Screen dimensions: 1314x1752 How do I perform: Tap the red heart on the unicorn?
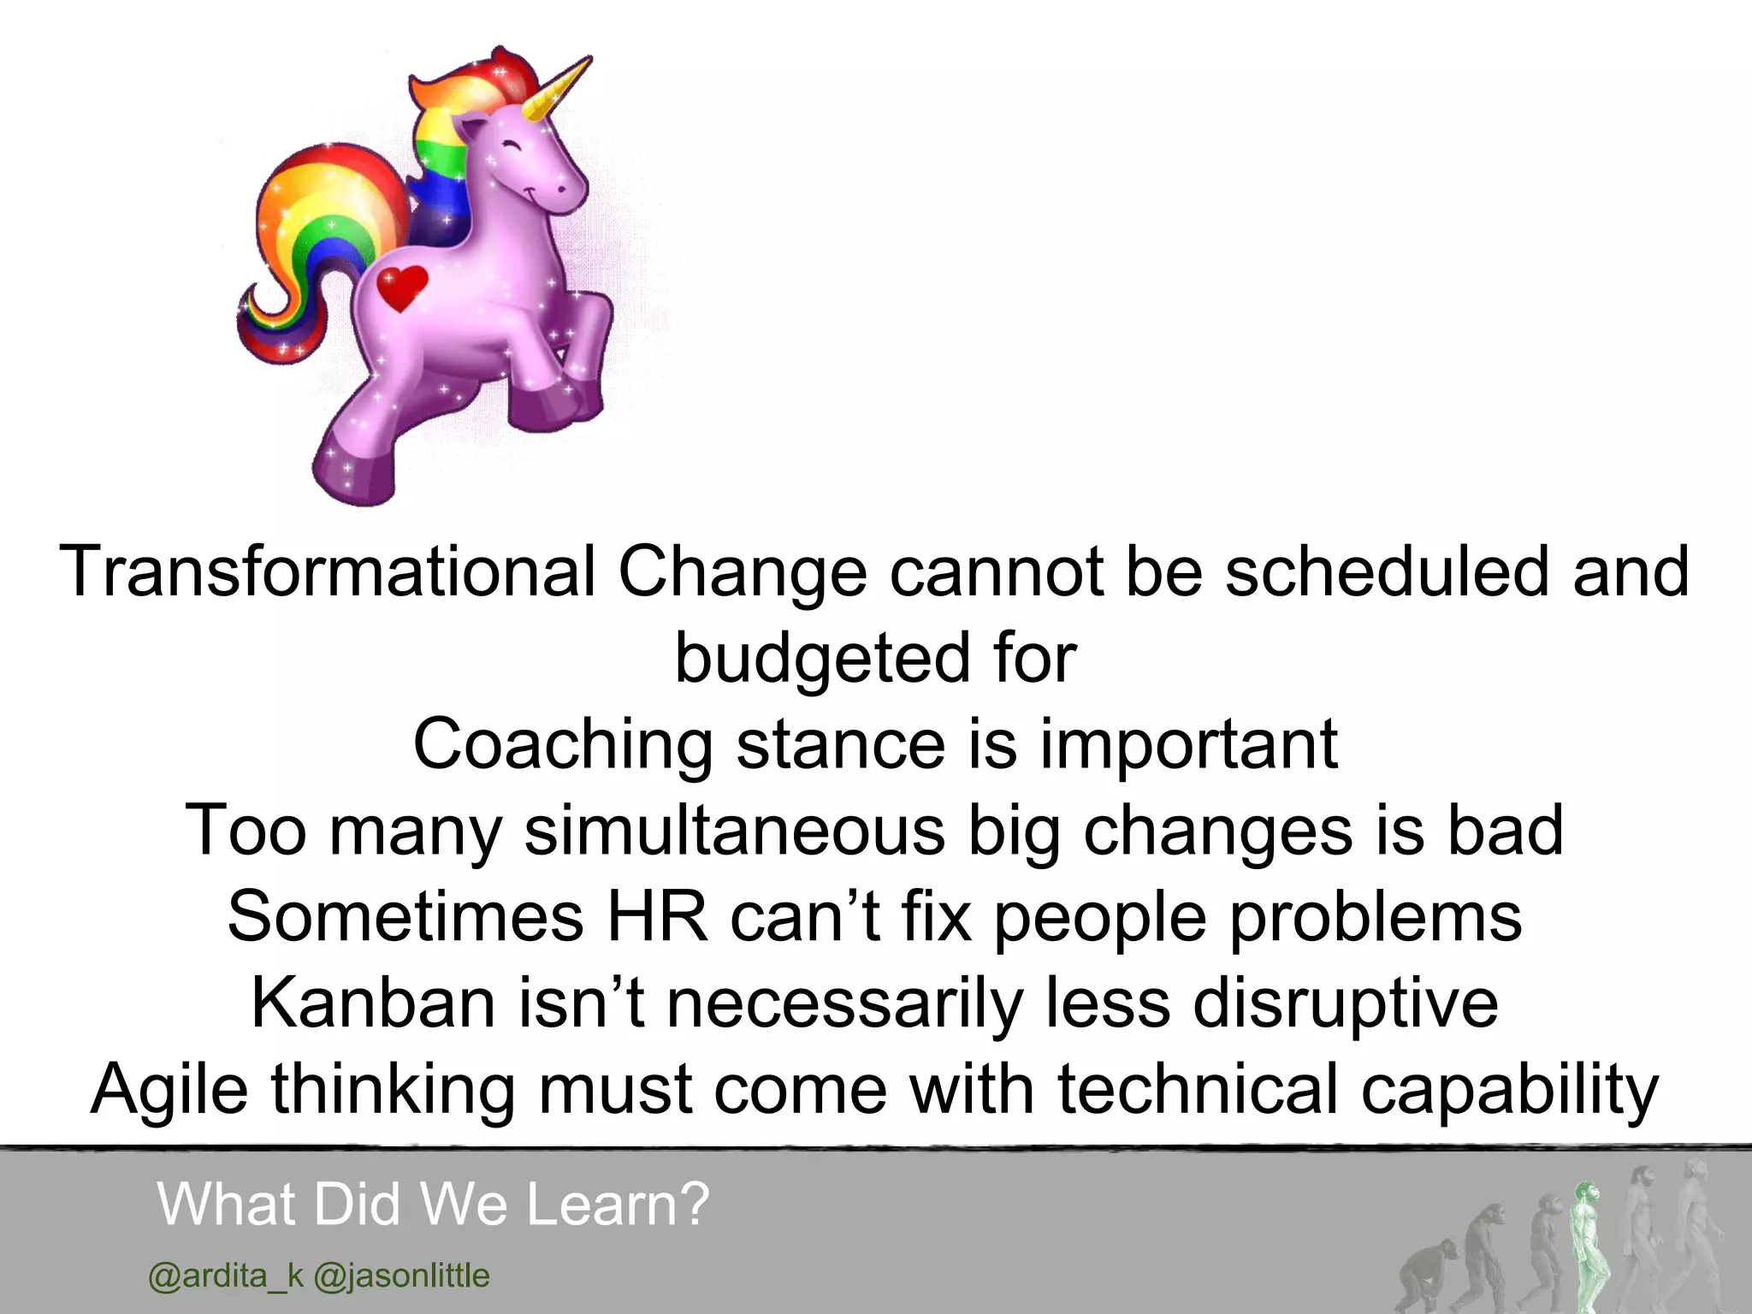click(x=402, y=287)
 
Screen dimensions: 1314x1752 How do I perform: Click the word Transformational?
click(x=327, y=571)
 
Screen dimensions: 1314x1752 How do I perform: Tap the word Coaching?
click(x=562, y=744)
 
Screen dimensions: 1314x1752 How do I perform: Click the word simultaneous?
click(x=734, y=831)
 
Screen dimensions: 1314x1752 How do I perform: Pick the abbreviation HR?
click(x=657, y=917)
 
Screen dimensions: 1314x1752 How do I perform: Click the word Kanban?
click(x=373, y=1003)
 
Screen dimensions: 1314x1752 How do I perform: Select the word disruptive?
click(x=1346, y=1003)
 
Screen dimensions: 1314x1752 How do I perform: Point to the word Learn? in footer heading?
click(x=618, y=1204)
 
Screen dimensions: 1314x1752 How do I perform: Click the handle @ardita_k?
click(x=226, y=1276)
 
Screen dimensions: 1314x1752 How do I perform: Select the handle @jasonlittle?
click(x=402, y=1276)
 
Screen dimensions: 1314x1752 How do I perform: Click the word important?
click(x=1188, y=745)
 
